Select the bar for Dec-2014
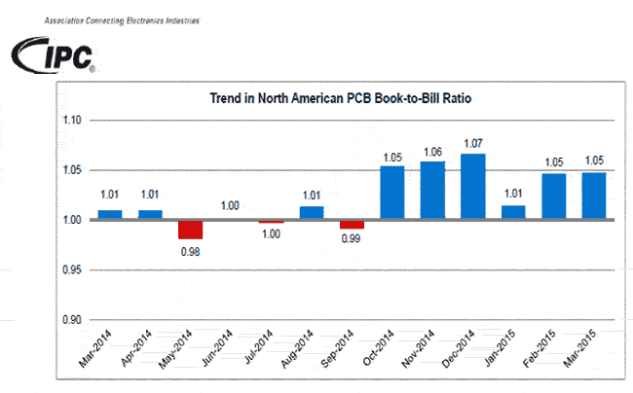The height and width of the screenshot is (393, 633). point(472,187)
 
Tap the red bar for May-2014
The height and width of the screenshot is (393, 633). point(190,230)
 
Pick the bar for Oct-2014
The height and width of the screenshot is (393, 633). point(391,193)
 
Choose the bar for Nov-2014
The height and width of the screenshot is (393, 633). point(432,191)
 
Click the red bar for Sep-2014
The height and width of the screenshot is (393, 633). point(352,225)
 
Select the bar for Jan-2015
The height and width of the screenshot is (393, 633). point(513,213)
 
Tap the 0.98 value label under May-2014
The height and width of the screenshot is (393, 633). point(190,251)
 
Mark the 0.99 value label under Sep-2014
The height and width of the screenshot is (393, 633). point(352,240)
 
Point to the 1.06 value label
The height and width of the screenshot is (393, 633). point(432,152)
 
